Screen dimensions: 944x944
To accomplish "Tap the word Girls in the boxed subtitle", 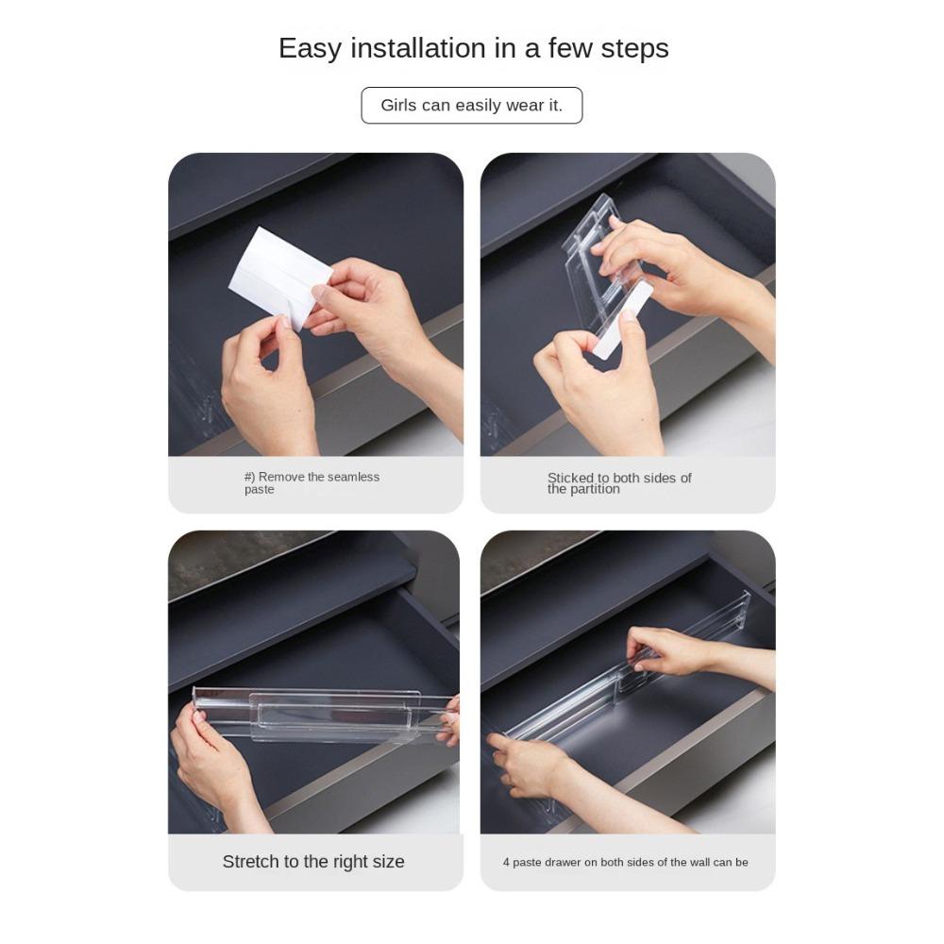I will tap(399, 106).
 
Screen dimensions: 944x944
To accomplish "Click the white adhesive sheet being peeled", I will tap(280, 274).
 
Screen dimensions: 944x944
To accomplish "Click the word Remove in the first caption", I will tap(280, 477).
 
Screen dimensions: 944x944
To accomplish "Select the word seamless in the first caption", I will tap(352, 477).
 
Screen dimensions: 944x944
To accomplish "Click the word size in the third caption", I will tap(387, 862).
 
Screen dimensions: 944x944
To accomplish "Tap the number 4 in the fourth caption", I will tap(506, 862).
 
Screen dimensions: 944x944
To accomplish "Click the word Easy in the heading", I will tap(309, 48).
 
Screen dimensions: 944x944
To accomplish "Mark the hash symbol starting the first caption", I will tap(248, 477).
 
